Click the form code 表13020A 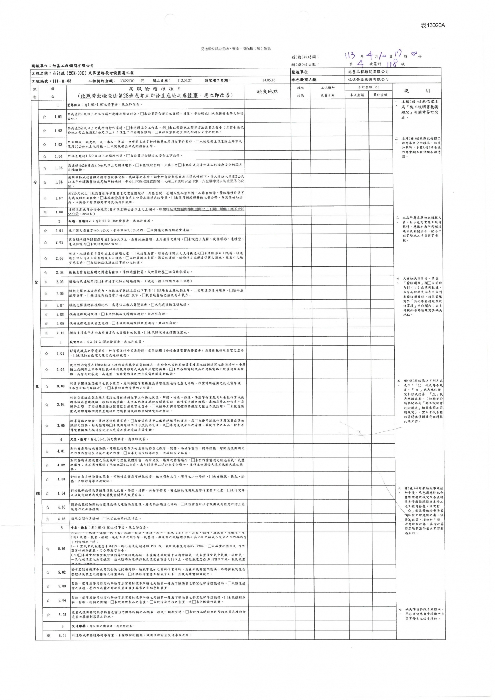tap(433, 25)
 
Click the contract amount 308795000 tap(127, 81)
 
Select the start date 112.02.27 tap(185, 81)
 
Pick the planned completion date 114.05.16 tap(268, 80)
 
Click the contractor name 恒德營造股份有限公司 tap(368, 79)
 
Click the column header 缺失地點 tap(267, 92)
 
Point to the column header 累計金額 tap(380, 95)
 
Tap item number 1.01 tap(58, 117)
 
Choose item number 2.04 tap(59, 273)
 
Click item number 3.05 tap(60, 426)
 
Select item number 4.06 tap(61, 519)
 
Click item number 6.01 tap(62, 636)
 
